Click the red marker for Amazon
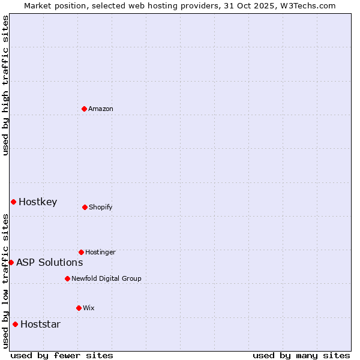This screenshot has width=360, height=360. click(84, 109)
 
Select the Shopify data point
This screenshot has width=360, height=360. click(85, 207)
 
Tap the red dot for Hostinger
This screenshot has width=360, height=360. click(81, 252)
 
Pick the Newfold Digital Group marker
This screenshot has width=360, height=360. click(67, 278)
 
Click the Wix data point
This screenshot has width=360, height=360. click(79, 308)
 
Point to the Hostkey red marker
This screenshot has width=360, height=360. click(13, 202)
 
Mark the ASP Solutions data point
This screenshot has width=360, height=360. click(11, 262)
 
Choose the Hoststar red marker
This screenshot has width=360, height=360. click(15, 324)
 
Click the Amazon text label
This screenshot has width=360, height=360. click(101, 109)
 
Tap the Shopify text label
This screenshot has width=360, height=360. click(101, 207)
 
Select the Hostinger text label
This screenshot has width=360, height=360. click(100, 252)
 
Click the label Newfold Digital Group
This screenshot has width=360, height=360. click(106, 278)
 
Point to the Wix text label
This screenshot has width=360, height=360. click(89, 308)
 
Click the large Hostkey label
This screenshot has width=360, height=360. click(38, 202)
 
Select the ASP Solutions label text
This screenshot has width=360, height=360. click(49, 262)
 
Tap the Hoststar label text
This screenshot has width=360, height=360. click(40, 324)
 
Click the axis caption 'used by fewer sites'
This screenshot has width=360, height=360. click(62, 355)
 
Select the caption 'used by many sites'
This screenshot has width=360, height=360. click(301, 355)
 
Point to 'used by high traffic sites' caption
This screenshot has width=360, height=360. click(5, 85)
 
